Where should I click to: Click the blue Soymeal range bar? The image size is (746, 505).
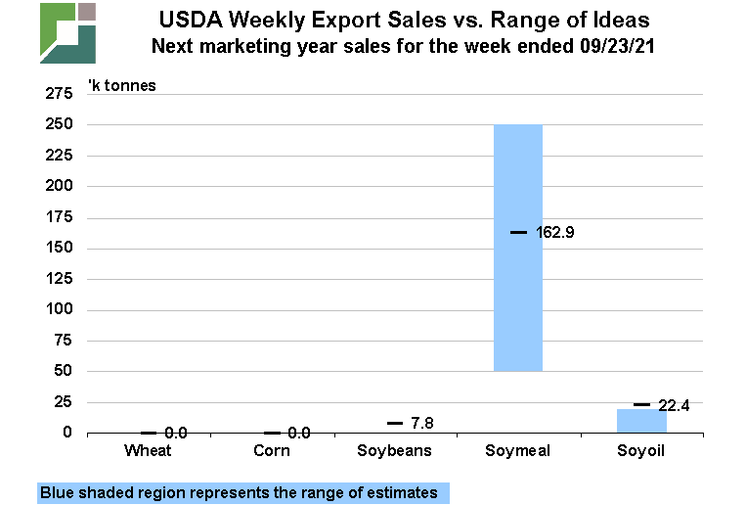(x=518, y=294)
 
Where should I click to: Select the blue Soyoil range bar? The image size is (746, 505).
(x=641, y=422)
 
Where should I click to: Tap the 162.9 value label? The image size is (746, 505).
(x=555, y=233)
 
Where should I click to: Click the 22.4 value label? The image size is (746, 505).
(x=676, y=405)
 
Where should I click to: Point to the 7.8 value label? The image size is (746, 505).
(x=422, y=423)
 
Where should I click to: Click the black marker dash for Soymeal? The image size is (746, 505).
(x=518, y=232)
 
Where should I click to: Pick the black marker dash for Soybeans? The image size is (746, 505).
(x=395, y=423)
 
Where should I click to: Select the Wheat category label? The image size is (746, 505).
(x=149, y=450)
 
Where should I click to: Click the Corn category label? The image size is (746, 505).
(x=272, y=450)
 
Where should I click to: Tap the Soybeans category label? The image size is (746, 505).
(x=395, y=450)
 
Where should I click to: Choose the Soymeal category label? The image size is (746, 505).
(x=518, y=450)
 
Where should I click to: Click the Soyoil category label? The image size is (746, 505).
(x=641, y=450)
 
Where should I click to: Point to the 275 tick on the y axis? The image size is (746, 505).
(x=59, y=94)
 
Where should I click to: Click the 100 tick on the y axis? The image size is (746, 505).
(x=59, y=310)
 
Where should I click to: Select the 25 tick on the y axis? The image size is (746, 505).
(x=63, y=402)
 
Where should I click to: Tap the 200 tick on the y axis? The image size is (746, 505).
(x=59, y=186)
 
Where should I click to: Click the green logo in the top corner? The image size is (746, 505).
(x=67, y=32)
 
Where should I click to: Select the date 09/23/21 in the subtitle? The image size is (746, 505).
(x=610, y=45)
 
